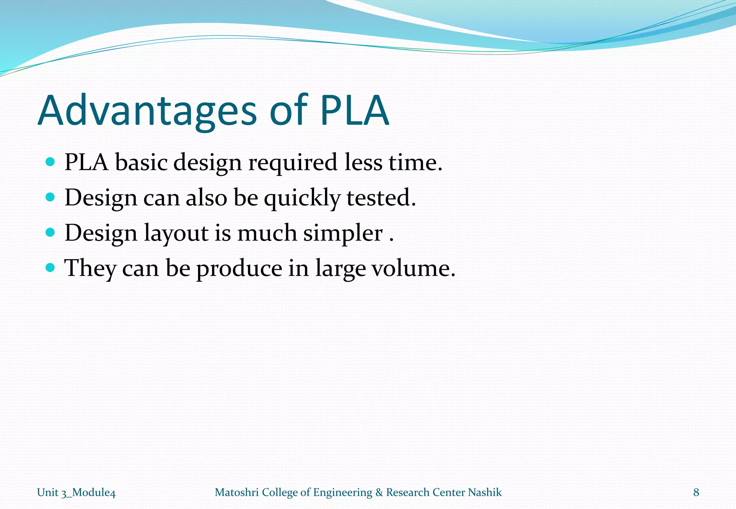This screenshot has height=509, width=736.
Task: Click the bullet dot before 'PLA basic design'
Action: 50,162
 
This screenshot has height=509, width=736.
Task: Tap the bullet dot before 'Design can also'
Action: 50,197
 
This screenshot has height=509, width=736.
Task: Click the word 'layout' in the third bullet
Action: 176,233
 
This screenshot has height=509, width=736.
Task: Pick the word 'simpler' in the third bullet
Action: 343,233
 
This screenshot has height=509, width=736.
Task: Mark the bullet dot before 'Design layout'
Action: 50,232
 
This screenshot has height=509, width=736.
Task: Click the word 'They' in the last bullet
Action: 90,268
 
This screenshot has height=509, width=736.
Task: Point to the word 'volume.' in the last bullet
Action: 413,268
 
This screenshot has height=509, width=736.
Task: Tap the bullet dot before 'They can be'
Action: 50,267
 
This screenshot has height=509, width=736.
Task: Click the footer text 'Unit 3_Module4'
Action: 76,492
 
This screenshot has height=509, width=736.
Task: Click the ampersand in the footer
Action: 379,492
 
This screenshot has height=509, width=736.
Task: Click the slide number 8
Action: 696,492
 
